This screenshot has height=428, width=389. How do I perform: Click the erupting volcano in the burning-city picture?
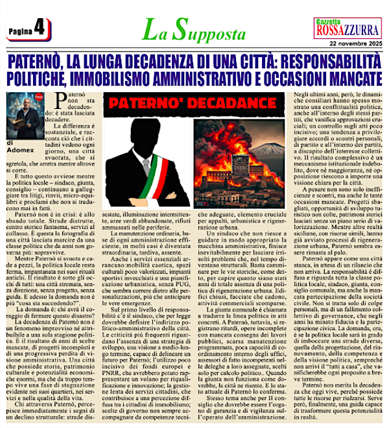237,139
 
